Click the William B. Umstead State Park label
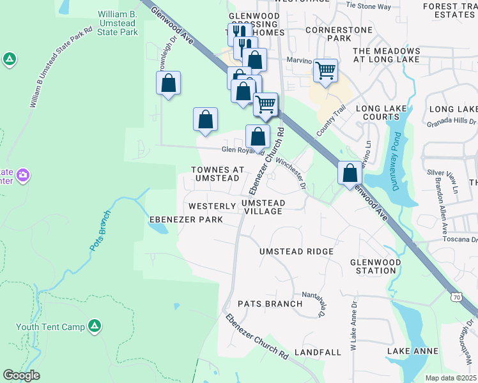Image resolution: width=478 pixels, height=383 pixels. pyautogui.click(x=118, y=22)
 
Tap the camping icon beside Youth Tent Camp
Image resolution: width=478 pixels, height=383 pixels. pyautogui.click(x=94, y=327)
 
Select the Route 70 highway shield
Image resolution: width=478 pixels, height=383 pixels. pyautogui.click(x=455, y=297)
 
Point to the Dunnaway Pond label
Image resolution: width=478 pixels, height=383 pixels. pyautogui.click(x=397, y=154)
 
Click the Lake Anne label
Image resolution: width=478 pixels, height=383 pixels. pyautogui.click(x=413, y=351)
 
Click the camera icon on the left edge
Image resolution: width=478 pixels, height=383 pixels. pyautogui.click(x=23, y=174)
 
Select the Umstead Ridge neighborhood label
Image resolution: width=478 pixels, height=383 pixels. pyautogui.click(x=297, y=252)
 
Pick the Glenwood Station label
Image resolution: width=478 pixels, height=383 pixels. pyautogui.click(x=376, y=266)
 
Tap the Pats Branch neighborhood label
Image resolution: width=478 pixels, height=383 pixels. pyautogui.click(x=270, y=304)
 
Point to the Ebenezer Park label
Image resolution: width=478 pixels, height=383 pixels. pyautogui.click(x=186, y=220)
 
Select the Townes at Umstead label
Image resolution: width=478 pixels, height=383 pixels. pyautogui.click(x=218, y=174)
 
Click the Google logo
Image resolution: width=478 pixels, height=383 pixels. pyautogui.click(x=21, y=375)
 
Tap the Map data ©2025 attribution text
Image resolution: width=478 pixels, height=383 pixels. pyautogui.click(x=450, y=378)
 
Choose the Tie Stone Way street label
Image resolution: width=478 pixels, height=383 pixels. pyautogui.click(x=367, y=6)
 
